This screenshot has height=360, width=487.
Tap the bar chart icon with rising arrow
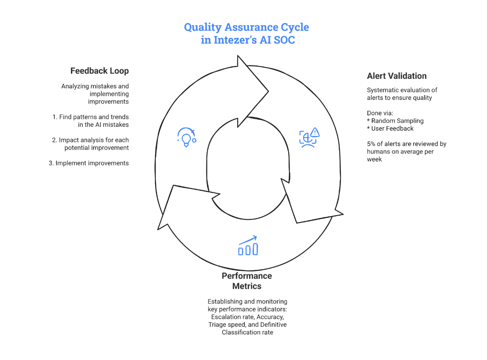[x=248, y=246]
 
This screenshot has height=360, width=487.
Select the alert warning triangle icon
[x=315, y=132]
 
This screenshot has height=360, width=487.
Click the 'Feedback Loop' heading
[x=99, y=71]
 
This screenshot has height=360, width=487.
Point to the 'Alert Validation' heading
[x=397, y=76]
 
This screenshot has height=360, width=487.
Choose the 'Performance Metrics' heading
[x=247, y=281]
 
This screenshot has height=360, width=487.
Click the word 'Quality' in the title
[x=203, y=27]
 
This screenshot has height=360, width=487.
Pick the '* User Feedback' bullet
[x=390, y=129]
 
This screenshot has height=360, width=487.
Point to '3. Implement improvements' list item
[x=89, y=163]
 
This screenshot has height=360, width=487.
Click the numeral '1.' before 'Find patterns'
[x=55, y=117]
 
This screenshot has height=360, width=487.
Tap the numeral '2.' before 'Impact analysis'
[x=55, y=140]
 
